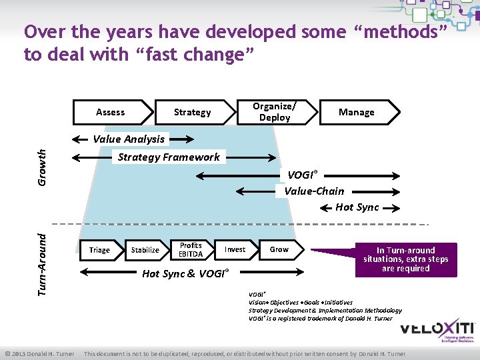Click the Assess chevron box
coord(111,112)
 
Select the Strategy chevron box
coord(192,112)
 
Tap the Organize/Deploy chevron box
coord(275,112)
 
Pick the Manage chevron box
coord(357,112)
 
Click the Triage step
coord(100,250)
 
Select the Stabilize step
coord(145,250)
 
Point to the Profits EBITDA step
coord(191,250)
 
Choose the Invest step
coord(235,250)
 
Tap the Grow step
coord(279,250)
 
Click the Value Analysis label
coord(129,139)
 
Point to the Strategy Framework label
coord(169,157)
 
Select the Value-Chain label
coord(314,191)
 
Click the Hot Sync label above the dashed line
coord(357,207)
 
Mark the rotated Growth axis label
coord(41,167)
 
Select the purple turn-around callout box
coord(405,259)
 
